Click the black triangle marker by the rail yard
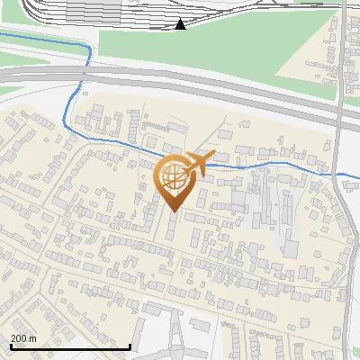pyautogui.click(x=180, y=24)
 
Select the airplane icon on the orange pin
pyautogui.click(x=199, y=163)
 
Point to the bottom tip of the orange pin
pyautogui.click(x=175, y=212)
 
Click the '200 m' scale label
pyautogui.click(x=23, y=338)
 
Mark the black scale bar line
pyautogui.click(x=70, y=346)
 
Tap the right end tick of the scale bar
pyautogui.click(x=130, y=346)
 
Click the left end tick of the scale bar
pyautogui.click(x=11, y=346)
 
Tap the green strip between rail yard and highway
pyautogui.click(x=225, y=45)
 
